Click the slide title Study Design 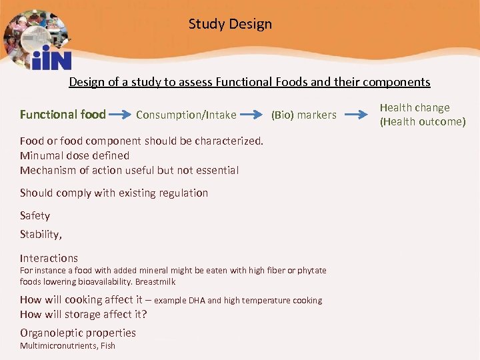pos(230,25)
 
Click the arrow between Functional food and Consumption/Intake pos(119,115)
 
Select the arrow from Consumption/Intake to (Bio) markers pos(253,115)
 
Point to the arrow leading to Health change pos(359,115)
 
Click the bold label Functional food pos(63,115)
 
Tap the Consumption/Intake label pos(186,115)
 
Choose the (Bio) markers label pos(303,115)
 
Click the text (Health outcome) pos(423,122)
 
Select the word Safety pos(35,216)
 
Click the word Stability pos(40,235)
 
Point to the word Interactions pos(49,259)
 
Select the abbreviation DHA pos(197,301)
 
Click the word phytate pos(311,271)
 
